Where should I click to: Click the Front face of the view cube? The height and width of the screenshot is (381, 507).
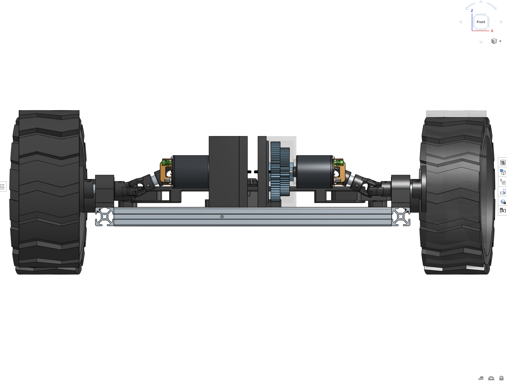[481, 22]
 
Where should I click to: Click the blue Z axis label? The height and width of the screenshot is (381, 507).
[472, 11]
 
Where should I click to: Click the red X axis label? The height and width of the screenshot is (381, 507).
[492, 31]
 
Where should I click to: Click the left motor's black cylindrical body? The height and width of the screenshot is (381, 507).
[191, 172]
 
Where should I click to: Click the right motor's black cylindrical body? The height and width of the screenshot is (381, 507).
[314, 172]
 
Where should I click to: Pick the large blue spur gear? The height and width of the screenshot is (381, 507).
[275, 172]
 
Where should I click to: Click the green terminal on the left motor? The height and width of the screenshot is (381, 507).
[167, 163]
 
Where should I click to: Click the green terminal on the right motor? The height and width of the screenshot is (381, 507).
[338, 163]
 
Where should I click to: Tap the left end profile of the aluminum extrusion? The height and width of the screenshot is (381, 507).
[105, 217]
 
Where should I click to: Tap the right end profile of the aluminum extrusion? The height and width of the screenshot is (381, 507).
[401, 217]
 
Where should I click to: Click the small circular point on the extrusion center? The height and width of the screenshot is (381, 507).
[222, 217]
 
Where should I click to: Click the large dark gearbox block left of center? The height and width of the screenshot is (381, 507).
[224, 172]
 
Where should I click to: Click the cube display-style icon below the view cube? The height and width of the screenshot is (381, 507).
[494, 41]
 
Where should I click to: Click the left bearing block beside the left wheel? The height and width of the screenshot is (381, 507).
[105, 187]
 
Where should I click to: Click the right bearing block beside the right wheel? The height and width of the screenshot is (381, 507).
[400, 187]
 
